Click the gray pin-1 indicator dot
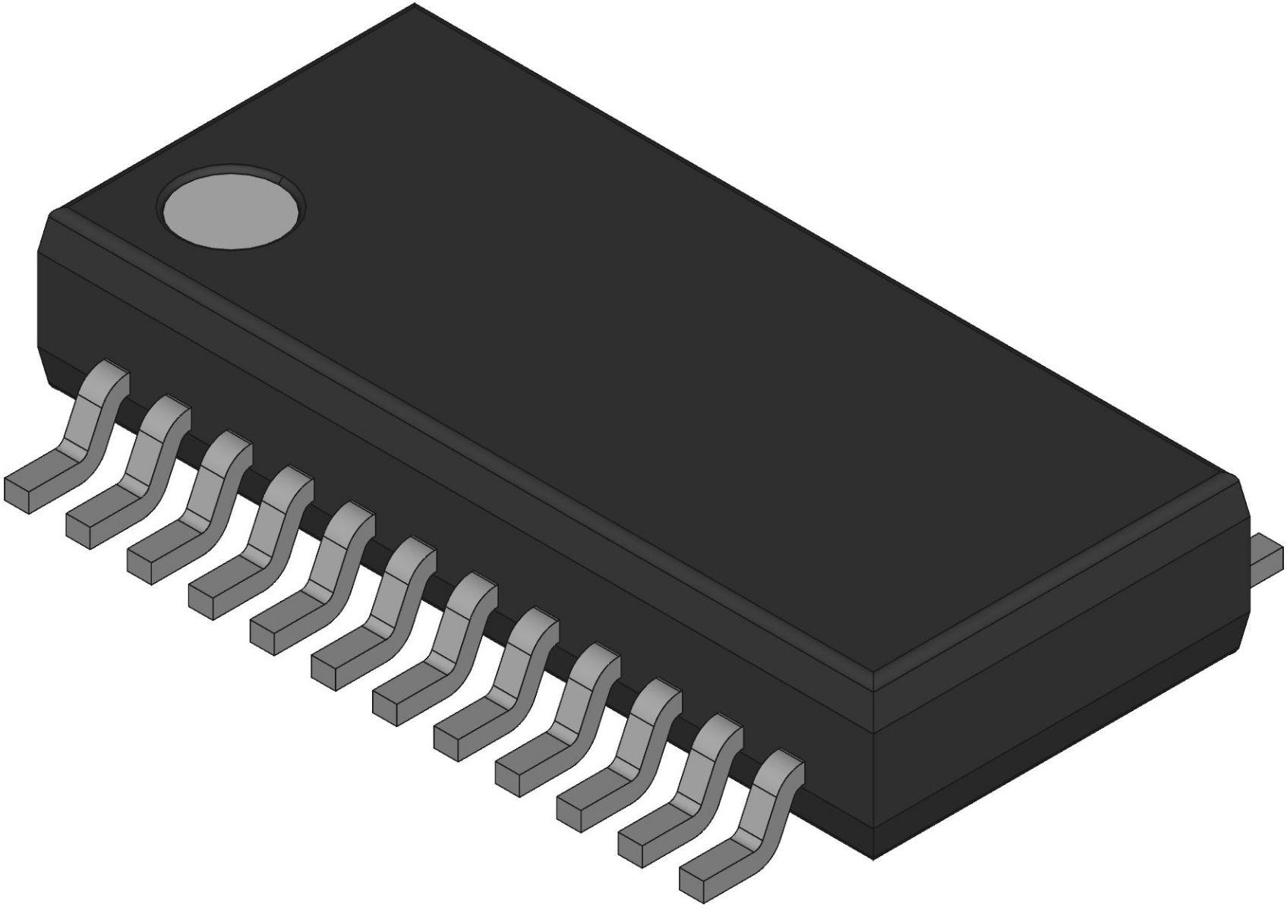(x=232, y=206)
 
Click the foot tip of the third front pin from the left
(x=147, y=566)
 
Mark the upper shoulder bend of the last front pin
(x=782, y=767)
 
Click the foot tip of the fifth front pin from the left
(x=270, y=634)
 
